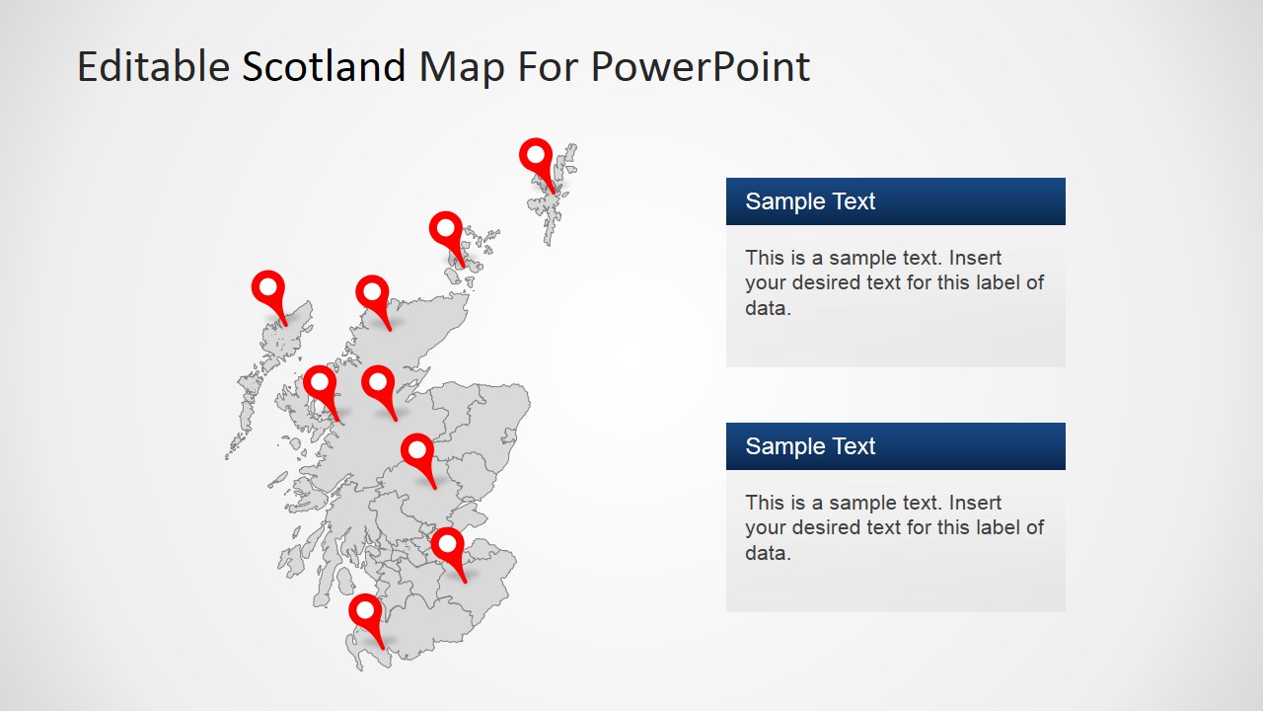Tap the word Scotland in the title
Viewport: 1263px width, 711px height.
[x=324, y=67]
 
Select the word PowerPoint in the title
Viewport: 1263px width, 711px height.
[x=701, y=67]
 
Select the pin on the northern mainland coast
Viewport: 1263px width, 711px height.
[x=372, y=293]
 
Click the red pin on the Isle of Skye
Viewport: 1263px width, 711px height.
[x=320, y=383]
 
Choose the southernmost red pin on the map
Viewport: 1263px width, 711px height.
[x=365, y=611]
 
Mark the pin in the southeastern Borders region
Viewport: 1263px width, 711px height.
[x=447, y=545]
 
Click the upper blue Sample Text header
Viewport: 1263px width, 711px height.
[x=895, y=201]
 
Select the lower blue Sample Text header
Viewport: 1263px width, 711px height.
[x=895, y=446]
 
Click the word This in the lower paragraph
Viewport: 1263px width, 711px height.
[x=765, y=503]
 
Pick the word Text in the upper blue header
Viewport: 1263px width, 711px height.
[x=853, y=201]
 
